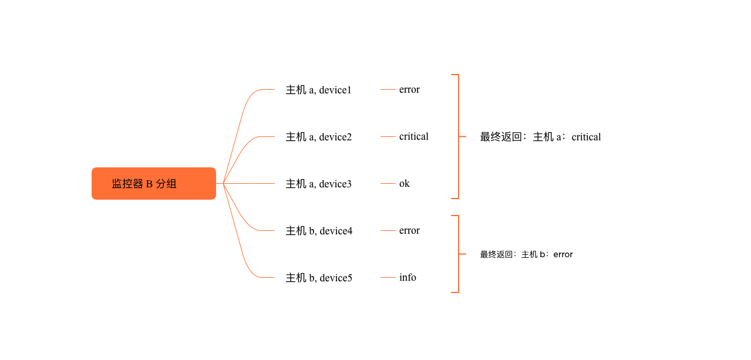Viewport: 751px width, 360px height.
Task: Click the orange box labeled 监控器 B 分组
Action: (x=154, y=183)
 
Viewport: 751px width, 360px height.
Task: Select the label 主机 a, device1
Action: (x=318, y=90)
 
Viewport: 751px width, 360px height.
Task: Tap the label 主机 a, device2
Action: (x=318, y=137)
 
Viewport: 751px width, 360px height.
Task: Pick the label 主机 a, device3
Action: (x=318, y=184)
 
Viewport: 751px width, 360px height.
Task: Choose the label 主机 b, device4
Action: (x=319, y=231)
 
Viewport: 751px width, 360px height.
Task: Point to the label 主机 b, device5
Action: (x=319, y=278)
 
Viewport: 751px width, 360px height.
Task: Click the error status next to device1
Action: (x=409, y=89)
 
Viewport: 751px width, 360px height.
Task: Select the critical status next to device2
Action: (x=414, y=136)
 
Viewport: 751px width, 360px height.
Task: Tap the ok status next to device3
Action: (x=405, y=183)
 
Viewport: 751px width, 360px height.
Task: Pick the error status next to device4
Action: (x=409, y=230)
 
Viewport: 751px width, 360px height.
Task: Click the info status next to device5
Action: (x=408, y=277)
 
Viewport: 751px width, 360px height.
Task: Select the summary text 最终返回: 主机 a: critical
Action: (x=540, y=137)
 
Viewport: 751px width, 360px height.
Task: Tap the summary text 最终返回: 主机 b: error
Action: (x=526, y=254)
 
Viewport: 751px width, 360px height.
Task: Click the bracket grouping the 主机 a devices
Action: (x=459, y=136)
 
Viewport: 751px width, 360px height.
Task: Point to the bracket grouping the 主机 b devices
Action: (x=459, y=254)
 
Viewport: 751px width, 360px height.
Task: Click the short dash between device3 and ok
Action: (x=388, y=184)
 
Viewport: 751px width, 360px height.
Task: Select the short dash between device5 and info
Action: (x=388, y=278)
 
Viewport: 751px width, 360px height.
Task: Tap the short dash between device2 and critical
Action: (x=388, y=137)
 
